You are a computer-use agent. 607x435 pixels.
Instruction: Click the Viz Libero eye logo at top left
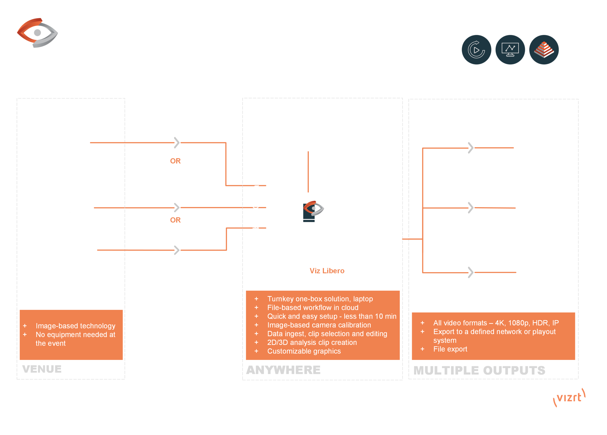pyautogui.click(x=37, y=33)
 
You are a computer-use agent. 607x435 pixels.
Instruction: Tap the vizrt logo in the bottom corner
pyautogui.click(x=569, y=398)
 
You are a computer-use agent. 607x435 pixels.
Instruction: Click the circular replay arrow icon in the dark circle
pyautogui.click(x=476, y=50)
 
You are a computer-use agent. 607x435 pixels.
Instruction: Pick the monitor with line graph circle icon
pyautogui.click(x=510, y=50)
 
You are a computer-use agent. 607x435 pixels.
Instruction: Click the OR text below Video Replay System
pyautogui.click(x=175, y=161)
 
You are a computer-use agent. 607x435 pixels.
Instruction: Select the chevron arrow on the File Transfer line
pyautogui.click(x=176, y=250)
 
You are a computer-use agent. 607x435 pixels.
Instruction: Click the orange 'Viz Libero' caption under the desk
pyautogui.click(x=327, y=271)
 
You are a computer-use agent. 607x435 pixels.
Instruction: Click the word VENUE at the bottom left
pyautogui.click(x=42, y=369)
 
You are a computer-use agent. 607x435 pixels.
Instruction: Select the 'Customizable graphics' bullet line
pyautogui.click(x=304, y=351)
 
